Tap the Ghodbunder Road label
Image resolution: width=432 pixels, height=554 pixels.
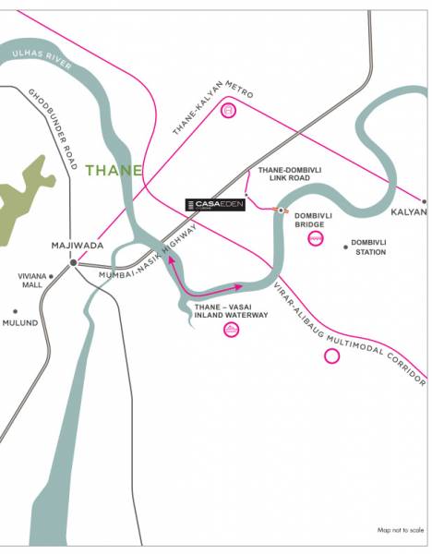(51, 129)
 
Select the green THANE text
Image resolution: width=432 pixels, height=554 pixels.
(114, 170)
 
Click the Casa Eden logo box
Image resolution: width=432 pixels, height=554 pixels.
(215, 204)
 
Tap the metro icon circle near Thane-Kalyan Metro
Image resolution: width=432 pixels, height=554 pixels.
(229, 112)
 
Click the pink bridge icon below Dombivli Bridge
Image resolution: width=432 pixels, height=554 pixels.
(315, 239)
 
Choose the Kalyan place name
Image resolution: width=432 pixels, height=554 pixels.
(409, 211)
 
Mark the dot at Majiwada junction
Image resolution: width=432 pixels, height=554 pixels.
(73, 262)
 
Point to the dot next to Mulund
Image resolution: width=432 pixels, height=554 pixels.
(14, 311)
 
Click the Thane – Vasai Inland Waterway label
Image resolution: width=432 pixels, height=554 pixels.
(231, 309)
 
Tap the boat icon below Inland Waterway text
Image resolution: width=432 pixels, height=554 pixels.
(231, 331)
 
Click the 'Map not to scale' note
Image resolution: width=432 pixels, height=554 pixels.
(401, 530)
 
